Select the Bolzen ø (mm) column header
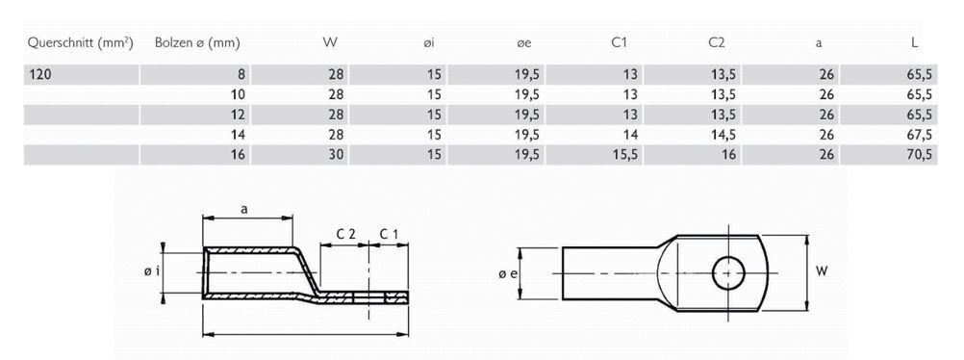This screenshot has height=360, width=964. click(196, 42)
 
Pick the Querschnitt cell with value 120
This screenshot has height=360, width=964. click(42, 74)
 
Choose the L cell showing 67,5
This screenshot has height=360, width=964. click(921, 135)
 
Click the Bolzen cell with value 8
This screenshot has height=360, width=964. click(241, 74)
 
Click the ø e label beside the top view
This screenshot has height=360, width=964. click(509, 273)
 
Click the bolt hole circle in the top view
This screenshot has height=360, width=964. click(728, 272)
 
